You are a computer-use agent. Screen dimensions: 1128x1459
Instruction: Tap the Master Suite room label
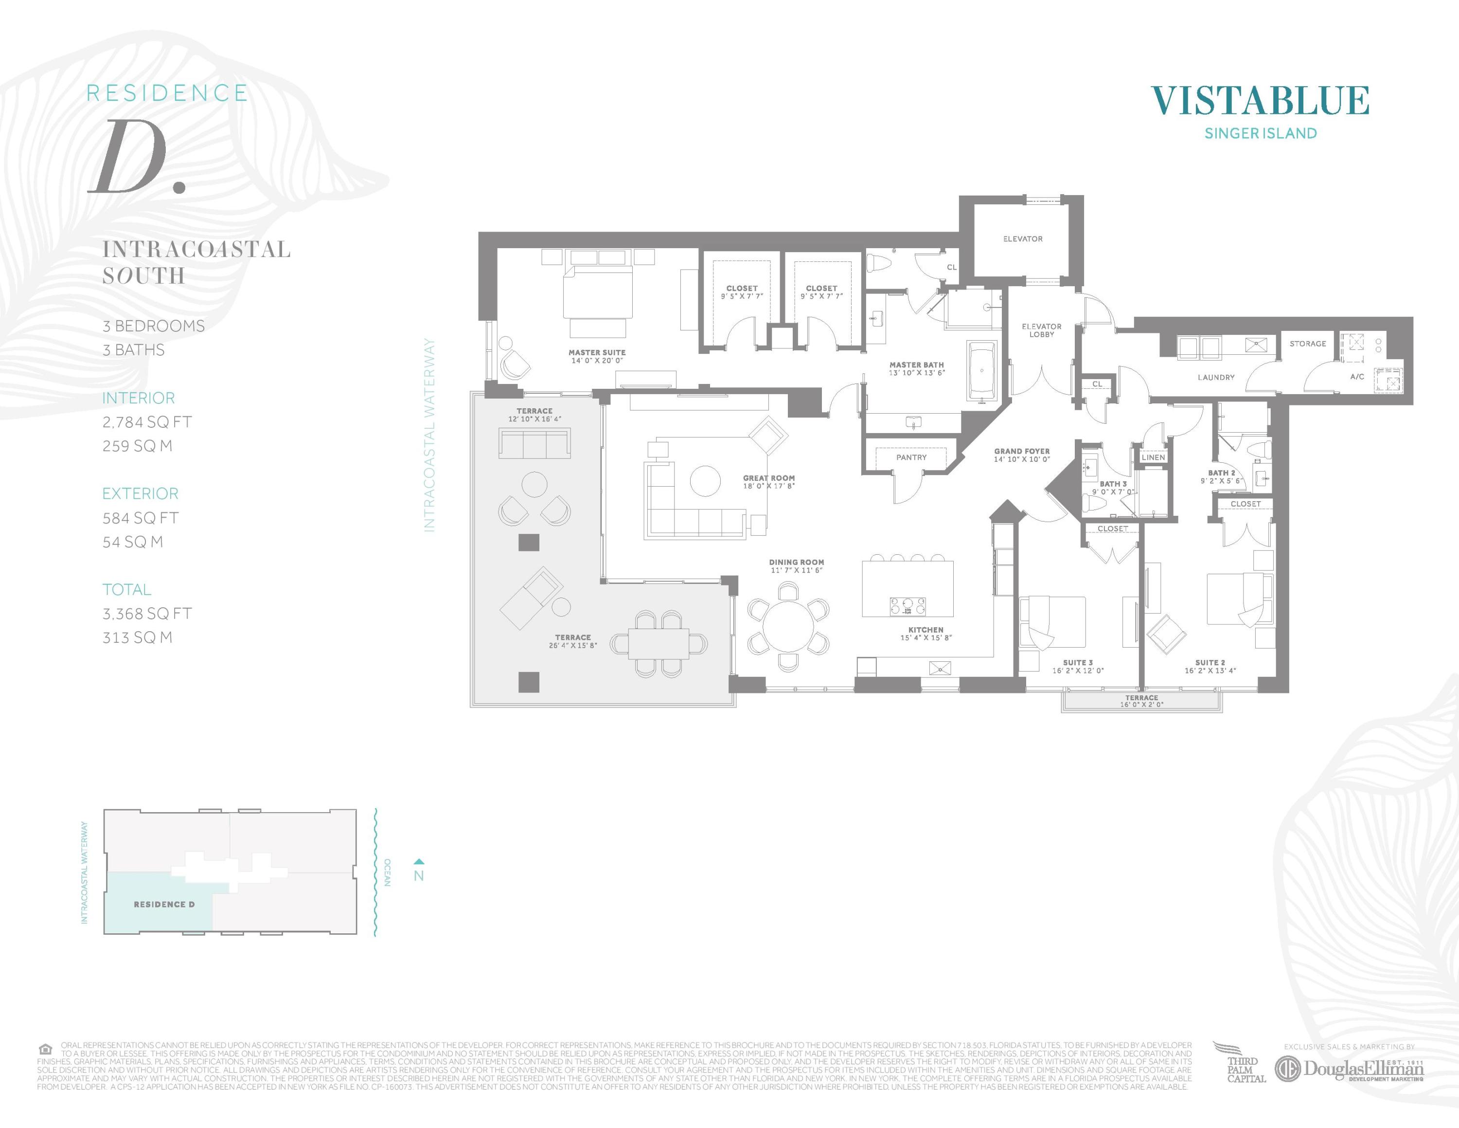(x=597, y=352)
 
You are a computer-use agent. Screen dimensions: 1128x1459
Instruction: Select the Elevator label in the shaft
(x=1022, y=238)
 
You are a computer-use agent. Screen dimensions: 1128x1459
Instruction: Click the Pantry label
(x=911, y=457)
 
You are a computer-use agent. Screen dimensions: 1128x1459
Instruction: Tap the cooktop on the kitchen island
(x=907, y=606)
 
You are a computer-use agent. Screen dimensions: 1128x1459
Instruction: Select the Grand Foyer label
(x=1021, y=451)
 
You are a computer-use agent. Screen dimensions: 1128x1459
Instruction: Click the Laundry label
(x=1216, y=377)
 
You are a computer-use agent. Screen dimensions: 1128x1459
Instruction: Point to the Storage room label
(x=1307, y=344)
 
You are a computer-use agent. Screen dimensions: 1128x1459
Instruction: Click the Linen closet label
(x=1153, y=457)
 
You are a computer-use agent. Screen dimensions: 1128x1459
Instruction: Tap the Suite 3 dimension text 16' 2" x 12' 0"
(x=1078, y=670)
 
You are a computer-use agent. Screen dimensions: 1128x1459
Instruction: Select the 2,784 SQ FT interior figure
(x=147, y=422)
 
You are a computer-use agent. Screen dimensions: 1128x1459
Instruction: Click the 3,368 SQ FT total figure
(x=147, y=614)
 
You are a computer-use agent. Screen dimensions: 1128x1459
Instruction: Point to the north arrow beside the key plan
(x=419, y=862)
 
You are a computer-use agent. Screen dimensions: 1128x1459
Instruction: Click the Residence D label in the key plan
(x=164, y=904)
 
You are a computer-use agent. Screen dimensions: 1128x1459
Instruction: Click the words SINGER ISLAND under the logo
(x=1260, y=133)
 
